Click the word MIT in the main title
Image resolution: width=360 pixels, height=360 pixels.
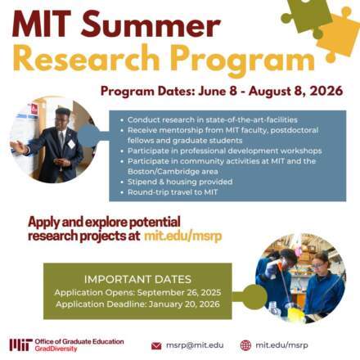click(x=50, y=23)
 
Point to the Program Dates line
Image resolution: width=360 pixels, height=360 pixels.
click(x=221, y=91)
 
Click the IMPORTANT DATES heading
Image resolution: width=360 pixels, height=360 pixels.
click(x=137, y=278)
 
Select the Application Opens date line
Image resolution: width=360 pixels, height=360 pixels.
click(x=137, y=292)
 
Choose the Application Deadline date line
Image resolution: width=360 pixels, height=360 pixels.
click(x=137, y=304)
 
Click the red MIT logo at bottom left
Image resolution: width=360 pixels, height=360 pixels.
click(x=20, y=344)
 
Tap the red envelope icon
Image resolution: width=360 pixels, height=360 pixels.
click(x=156, y=345)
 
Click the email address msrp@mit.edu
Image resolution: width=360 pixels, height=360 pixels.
click(x=194, y=345)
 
